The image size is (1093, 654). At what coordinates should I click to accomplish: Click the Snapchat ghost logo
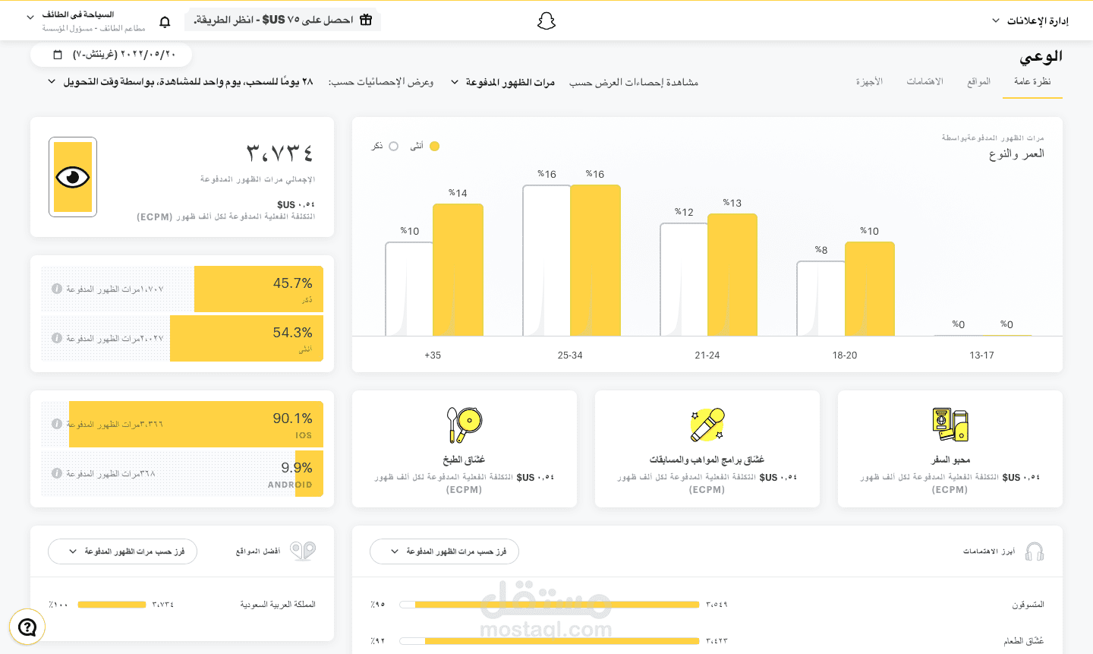tap(546, 21)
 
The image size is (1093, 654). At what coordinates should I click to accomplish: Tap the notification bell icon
tap(165, 22)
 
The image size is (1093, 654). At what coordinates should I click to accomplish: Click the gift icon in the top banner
tap(366, 20)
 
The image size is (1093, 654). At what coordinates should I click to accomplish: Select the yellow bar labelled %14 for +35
tap(458, 270)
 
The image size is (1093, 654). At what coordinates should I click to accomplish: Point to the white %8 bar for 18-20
tap(821, 299)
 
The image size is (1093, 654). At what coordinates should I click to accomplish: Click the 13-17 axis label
tap(981, 355)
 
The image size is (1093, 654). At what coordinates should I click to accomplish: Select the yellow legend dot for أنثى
tap(434, 146)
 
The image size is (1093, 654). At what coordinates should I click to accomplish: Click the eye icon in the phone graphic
tap(73, 177)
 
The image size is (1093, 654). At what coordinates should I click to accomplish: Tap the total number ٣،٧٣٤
tap(280, 153)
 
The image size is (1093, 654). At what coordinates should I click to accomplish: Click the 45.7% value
tap(292, 283)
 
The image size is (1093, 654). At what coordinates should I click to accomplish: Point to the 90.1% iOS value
tap(292, 419)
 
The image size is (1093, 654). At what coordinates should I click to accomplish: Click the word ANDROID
tap(289, 485)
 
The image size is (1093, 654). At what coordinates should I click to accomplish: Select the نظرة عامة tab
tap(1032, 81)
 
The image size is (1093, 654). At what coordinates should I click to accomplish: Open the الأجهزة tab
tap(869, 81)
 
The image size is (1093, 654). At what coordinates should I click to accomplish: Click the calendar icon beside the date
tap(58, 55)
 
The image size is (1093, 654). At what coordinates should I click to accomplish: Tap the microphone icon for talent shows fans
tap(707, 425)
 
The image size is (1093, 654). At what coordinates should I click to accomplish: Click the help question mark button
tap(27, 627)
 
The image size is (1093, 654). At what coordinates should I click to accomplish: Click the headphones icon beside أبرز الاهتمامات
tap(1034, 551)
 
